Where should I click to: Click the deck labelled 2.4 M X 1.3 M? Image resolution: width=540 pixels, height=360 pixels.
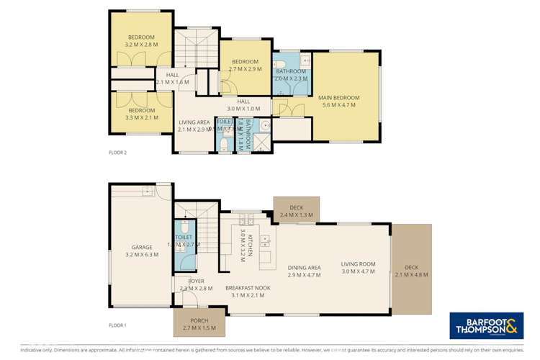pyautogui.click(x=297, y=210)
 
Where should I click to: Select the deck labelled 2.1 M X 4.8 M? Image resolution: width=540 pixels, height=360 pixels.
pyautogui.click(x=412, y=271)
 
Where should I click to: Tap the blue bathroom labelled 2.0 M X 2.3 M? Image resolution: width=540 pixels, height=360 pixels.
pyautogui.click(x=292, y=76)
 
